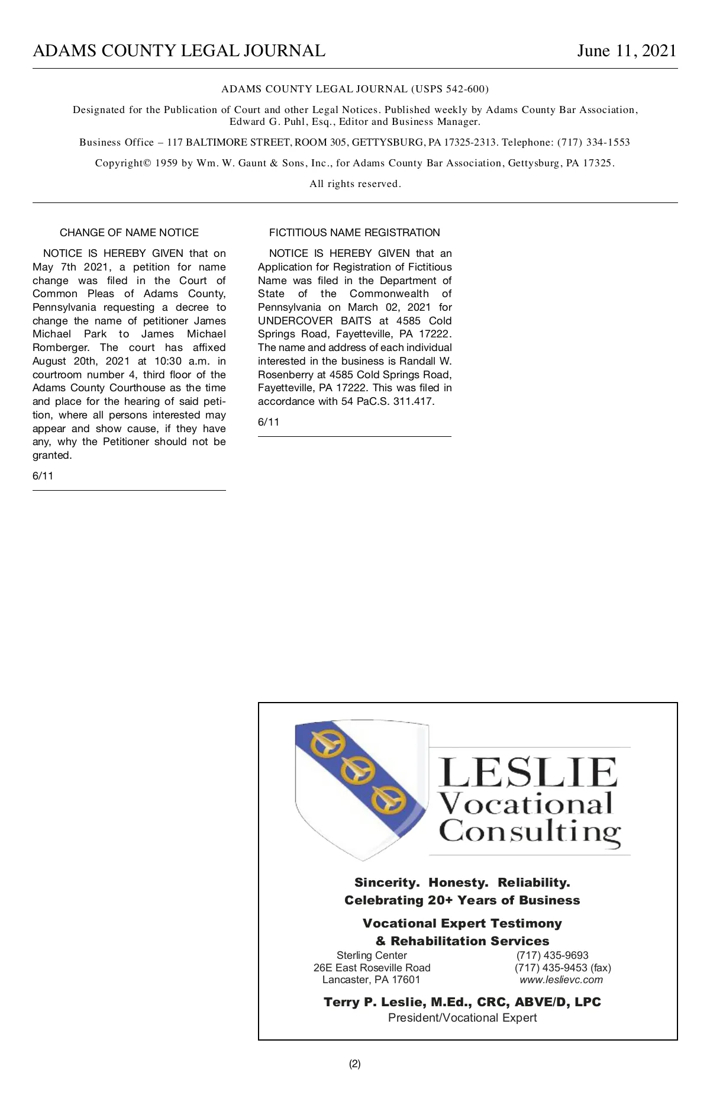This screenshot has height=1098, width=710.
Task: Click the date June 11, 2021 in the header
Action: click(627, 51)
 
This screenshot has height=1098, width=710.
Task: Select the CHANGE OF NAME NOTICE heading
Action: click(129, 233)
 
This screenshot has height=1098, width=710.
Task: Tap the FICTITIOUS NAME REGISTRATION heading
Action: click(354, 233)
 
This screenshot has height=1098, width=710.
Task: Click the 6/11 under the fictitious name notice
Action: click(269, 422)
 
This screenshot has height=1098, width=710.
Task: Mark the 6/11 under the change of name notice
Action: click(43, 476)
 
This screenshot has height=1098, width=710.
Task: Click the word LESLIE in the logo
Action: click(528, 772)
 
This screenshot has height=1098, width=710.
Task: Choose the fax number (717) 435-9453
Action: click(551, 968)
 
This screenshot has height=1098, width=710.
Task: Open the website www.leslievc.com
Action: click(561, 980)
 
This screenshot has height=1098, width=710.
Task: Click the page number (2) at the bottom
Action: click(354, 1064)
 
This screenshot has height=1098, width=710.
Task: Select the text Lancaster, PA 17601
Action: click(371, 980)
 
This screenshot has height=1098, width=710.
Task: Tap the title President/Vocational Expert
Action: click(462, 1017)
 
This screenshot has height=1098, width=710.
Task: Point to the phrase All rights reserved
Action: click(355, 184)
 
